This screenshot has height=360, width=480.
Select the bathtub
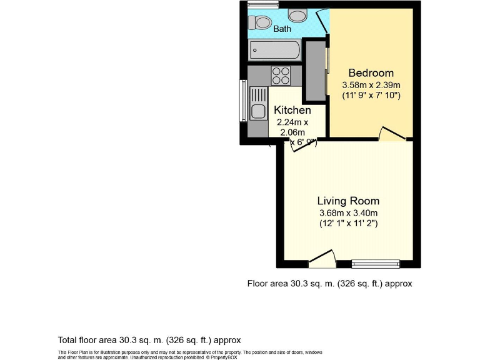click(275, 49)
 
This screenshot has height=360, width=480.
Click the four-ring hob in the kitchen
click(281, 76)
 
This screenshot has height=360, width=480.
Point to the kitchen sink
click(258, 104)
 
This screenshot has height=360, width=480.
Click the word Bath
click(282, 29)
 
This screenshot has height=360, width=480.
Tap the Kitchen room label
click(292, 110)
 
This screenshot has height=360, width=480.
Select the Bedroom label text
click(371, 72)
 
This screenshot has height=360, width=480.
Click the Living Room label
click(348, 201)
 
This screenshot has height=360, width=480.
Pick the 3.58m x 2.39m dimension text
click(371, 84)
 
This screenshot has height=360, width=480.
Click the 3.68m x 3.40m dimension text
click(348, 212)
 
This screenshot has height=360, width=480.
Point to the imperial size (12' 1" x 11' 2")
click(348, 223)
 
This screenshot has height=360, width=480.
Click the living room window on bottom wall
click(376, 263)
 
